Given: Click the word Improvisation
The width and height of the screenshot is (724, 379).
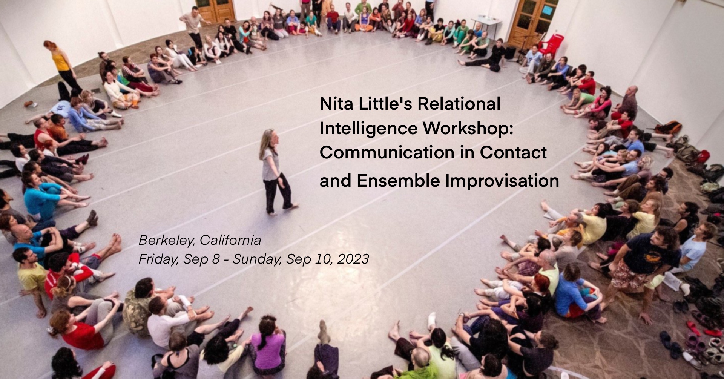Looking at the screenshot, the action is pos(502,181).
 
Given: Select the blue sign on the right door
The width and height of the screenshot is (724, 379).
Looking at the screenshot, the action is pos(546,10).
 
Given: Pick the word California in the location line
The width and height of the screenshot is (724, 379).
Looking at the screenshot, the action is pos(230,240).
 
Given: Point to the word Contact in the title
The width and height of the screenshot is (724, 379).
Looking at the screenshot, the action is pos(513,152).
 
